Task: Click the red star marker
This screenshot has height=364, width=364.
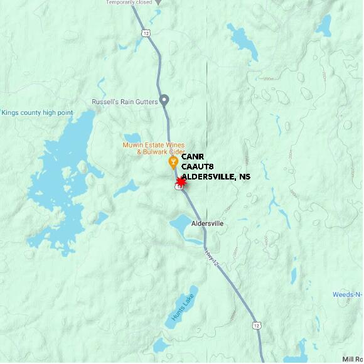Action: point(181,181)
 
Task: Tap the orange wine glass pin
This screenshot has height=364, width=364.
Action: point(174,163)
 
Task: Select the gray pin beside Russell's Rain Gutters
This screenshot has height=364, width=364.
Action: point(164,100)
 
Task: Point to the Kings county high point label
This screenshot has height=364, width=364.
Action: point(37,113)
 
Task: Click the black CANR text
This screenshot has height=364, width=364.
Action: point(193,157)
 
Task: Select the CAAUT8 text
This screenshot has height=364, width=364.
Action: point(198,167)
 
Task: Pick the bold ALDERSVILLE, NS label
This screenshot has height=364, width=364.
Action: point(216,177)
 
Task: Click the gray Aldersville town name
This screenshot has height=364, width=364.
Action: point(205,223)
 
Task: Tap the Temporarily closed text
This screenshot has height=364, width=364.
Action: point(129,3)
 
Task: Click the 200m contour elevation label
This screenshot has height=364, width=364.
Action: point(269,79)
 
